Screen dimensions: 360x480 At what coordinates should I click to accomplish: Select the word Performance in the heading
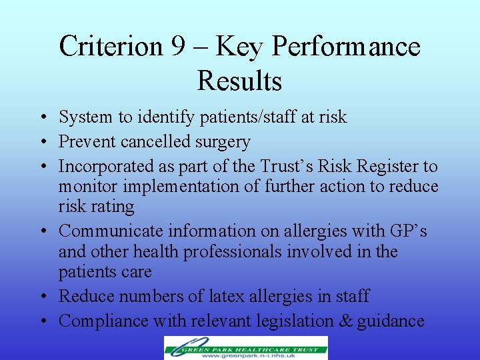[x=346, y=47]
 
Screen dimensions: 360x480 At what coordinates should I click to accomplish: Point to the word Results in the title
[x=239, y=81]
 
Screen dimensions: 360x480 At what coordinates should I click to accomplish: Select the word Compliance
[x=103, y=321]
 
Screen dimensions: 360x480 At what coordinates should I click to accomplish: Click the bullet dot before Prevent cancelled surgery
[x=41, y=143]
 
